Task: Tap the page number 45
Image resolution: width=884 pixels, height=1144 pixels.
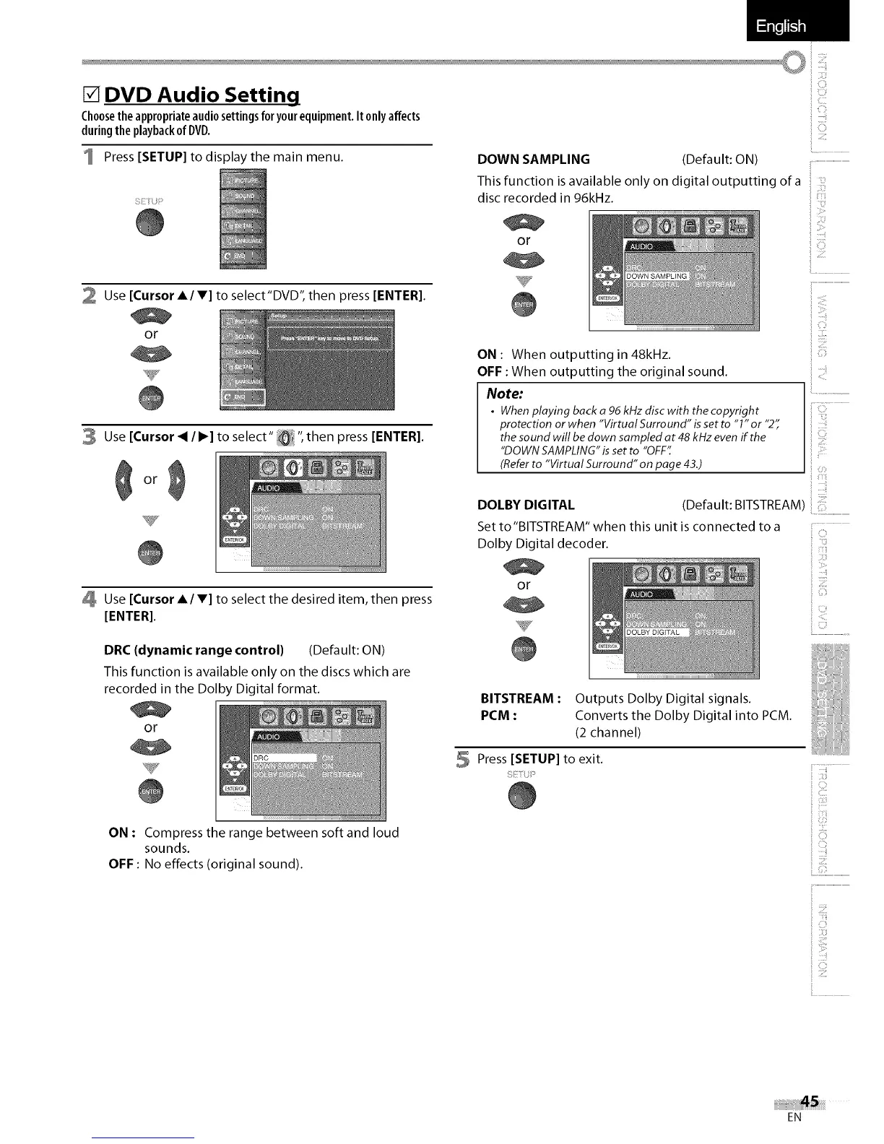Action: coord(810,1101)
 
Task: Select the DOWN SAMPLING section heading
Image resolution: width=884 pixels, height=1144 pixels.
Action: coord(534,160)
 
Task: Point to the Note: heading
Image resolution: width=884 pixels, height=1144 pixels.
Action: coord(504,394)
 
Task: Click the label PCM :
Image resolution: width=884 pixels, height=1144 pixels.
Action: coord(498,716)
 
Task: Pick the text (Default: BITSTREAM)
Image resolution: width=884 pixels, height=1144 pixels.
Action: coord(743,505)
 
